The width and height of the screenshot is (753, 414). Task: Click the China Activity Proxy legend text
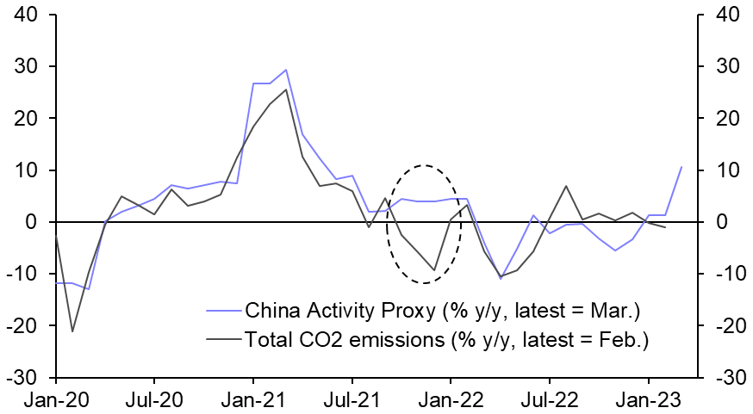point(443,310)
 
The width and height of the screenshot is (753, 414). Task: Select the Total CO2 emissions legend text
point(446,341)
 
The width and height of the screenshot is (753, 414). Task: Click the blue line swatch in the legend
point(223,310)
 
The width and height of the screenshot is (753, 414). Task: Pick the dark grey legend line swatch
point(223,341)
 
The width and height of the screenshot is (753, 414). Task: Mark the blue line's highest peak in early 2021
point(286,70)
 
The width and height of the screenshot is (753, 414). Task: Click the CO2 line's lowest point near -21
point(72,331)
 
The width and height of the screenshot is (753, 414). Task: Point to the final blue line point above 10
point(681,167)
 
